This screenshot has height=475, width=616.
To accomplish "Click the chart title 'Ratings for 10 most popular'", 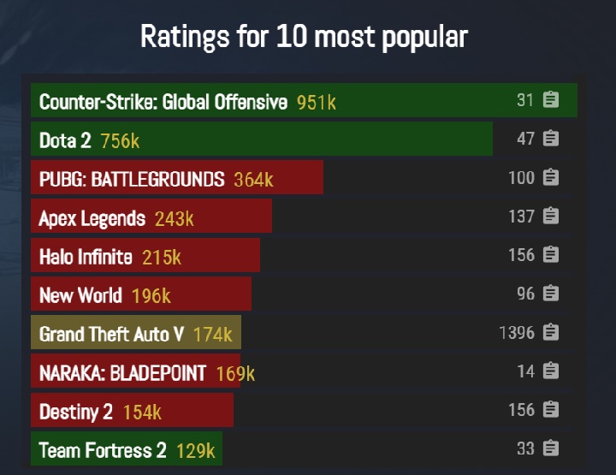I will (304, 37).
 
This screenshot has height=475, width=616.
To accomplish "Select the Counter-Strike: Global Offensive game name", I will (163, 102).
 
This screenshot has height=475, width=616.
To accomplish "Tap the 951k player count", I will (317, 103).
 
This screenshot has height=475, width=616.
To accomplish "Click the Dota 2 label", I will (65, 140).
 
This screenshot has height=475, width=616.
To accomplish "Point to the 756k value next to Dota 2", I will (120, 140).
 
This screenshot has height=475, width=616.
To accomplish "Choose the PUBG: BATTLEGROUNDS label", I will (132, 179).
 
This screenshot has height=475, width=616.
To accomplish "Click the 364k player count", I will (254, 179).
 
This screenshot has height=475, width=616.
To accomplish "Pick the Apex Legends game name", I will (92, 218).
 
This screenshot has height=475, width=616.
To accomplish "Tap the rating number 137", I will (521, 216).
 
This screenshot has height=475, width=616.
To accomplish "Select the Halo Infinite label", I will (86, 257).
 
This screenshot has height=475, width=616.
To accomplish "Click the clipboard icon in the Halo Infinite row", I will (551, 254).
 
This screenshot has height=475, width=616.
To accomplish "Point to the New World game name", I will (80, 295).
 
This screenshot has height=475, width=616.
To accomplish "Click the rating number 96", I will (525, 293).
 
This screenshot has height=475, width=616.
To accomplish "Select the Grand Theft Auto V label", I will (111, 334).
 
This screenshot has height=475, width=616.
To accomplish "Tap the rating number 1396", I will (517, 332).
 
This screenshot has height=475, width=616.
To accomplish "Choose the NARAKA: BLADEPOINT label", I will (122, 372).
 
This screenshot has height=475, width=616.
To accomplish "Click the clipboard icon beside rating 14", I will (551, 371).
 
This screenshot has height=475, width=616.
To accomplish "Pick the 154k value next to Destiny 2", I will (142, 412).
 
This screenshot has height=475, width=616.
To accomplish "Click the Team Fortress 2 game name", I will (103, 450).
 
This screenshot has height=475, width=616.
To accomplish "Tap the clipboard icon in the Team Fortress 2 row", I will (551, 448).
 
